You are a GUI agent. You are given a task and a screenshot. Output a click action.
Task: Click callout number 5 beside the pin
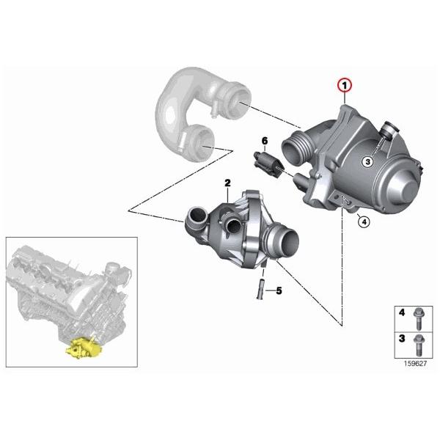[x=278, y=291]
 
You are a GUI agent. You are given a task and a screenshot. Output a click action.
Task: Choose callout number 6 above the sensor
[x=265, y=140]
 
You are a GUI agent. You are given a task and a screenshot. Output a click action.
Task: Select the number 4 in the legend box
[x=401, y=312]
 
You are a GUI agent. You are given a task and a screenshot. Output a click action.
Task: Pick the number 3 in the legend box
[x=401, y=338]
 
